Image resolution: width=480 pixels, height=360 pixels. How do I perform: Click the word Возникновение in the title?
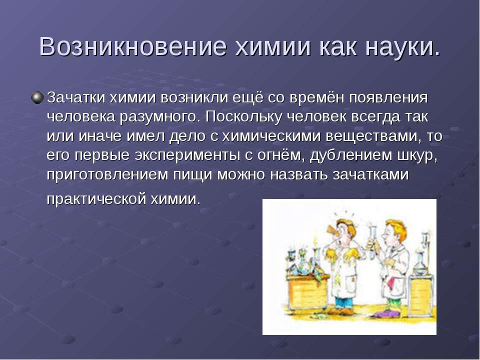(133, 47)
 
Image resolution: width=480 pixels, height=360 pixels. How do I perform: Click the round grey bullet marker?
(37, 97)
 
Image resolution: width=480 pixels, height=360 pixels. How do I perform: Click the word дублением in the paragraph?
(351, 155)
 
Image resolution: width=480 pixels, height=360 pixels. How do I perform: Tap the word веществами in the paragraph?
(371, 136)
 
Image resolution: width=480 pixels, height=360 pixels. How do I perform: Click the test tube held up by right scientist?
(373, 241)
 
